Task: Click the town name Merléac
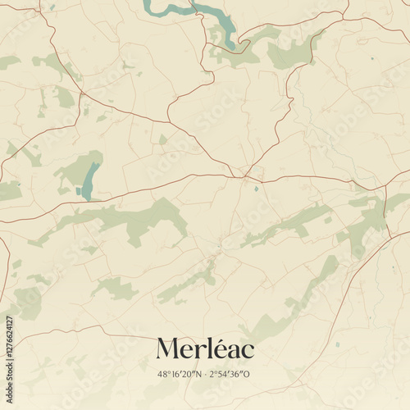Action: click(x=205, y=348)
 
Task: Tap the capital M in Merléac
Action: click(x=169, y=348)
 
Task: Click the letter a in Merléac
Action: click(x=232, y=351)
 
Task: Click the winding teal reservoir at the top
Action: click(x=197, y=11)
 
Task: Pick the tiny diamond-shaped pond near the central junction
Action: click(x=256, y=189)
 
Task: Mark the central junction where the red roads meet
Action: click(x=243, y=175)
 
